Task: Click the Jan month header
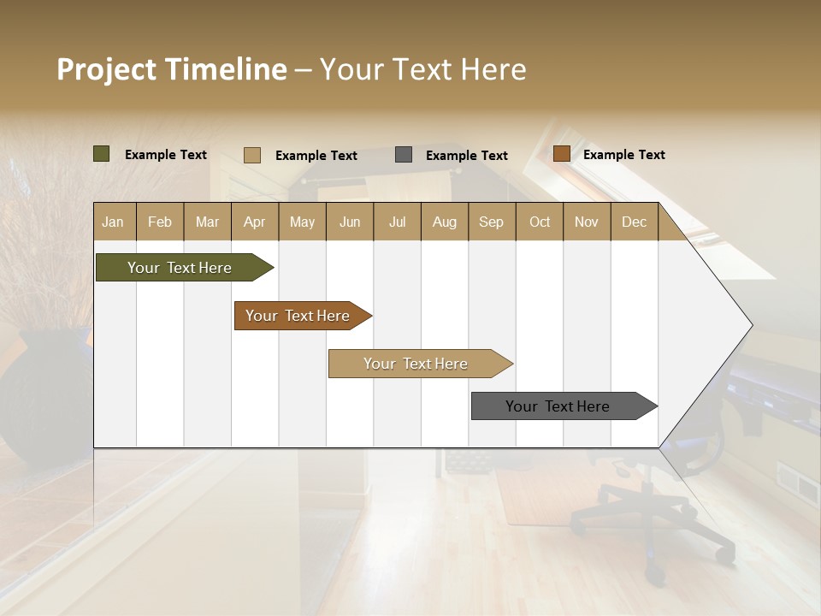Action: (x=113, y=222)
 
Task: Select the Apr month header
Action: (x=254, y=222)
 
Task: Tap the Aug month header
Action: (x=444, y=222)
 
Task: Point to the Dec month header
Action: (x=634, y=222)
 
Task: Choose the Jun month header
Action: (x=349, y=222)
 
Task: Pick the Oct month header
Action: (x=539, y=222)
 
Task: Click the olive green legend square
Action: (x=101, y=154)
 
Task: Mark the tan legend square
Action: (x=251, y=155)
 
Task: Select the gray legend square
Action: (x=403, y=155)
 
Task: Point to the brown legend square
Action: (x=561, y=154)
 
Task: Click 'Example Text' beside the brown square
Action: (x=623, y=155)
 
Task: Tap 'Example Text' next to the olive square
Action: (x=165, y=155)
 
